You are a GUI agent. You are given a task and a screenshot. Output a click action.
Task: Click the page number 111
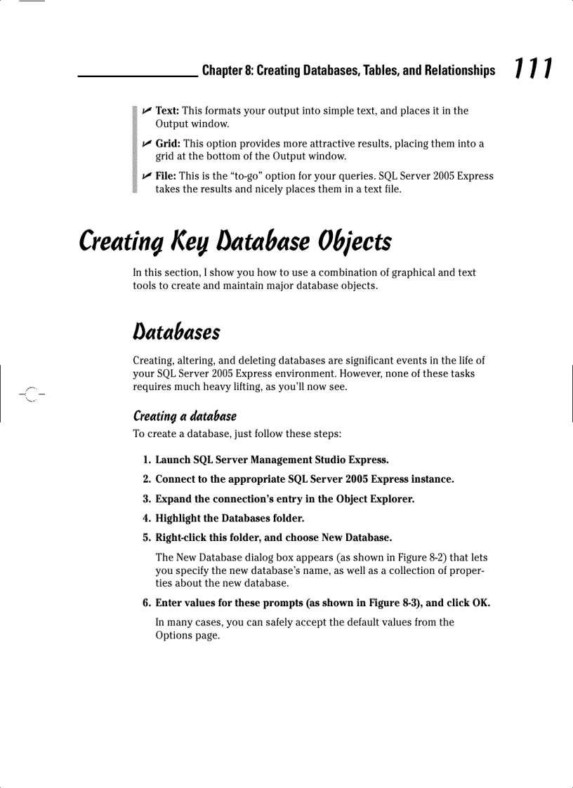pos(532,69)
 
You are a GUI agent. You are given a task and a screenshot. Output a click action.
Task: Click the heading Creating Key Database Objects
pos(235,242)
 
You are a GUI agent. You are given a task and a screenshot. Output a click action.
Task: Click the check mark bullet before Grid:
pos(147,144)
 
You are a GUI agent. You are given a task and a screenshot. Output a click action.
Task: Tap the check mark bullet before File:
pos(147,176)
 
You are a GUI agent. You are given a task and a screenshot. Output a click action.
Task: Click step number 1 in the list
pos(146,460)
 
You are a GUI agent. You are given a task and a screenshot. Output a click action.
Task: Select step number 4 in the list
pos(146,519)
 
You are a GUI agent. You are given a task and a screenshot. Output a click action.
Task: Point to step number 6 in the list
pos(146,603)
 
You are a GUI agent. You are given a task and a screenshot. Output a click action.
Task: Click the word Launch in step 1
pos(173,460)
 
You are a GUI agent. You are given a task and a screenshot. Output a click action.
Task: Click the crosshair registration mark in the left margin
pos(30,393)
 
